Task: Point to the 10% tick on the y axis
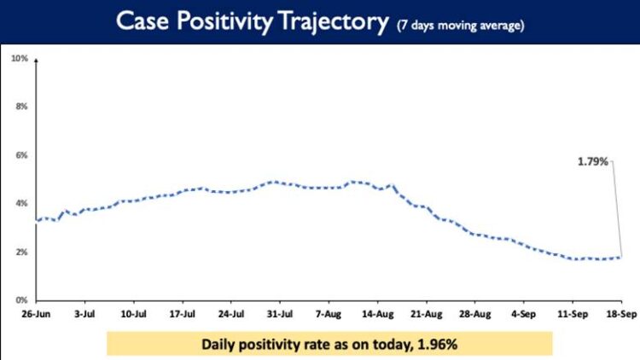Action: click(20, 58)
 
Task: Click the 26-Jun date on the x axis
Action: click(37, 313)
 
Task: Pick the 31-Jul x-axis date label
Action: click(281, 313)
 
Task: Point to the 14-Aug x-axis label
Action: click(378, 313)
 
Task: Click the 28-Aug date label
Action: click(475, 313)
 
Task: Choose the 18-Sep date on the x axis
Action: click(620, 313)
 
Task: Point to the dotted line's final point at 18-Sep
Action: click(620, 257)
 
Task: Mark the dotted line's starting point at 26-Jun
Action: click(37, 220)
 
